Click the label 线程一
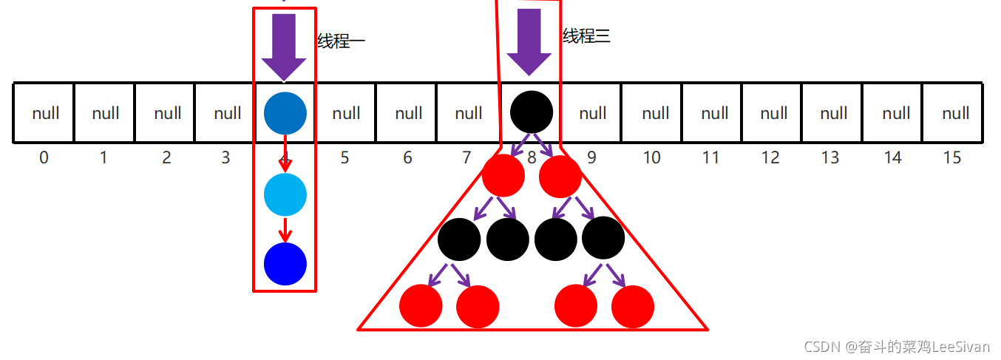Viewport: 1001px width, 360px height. click(341, 41)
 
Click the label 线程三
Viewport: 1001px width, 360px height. click(586, 35)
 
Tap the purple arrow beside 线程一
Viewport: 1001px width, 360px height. click(284, 47)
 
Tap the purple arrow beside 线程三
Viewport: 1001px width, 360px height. click(529, 41)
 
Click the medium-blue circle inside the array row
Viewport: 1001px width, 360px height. click(285, 113)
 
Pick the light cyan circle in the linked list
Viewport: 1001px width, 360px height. click(285, 194)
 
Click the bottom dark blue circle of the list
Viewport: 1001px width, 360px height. click(285, 264)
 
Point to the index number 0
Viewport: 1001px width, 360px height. click(44, 157)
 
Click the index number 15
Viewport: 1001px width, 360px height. click(952, 157)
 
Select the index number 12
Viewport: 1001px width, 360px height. click(770, 157)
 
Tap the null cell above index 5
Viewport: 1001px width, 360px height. click(346, 113)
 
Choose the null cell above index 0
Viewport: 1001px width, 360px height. click(46, 113)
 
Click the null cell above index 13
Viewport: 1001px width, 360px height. click(834, 113)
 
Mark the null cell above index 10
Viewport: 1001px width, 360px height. click(655, 113)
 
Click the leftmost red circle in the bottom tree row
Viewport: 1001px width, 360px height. click(421, 306)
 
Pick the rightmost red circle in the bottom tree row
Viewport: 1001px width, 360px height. click(633, 306)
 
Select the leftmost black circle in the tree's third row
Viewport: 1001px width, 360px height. click(459, 239)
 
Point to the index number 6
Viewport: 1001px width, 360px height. click(407, 157)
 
